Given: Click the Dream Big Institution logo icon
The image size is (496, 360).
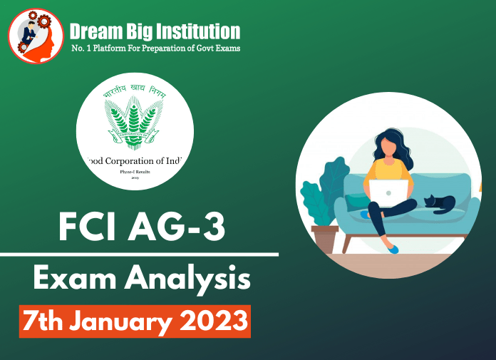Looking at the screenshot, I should (36, 36).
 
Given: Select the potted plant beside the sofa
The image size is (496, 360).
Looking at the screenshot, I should (320, 207).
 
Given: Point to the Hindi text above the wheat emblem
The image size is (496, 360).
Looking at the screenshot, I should (135, 93).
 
